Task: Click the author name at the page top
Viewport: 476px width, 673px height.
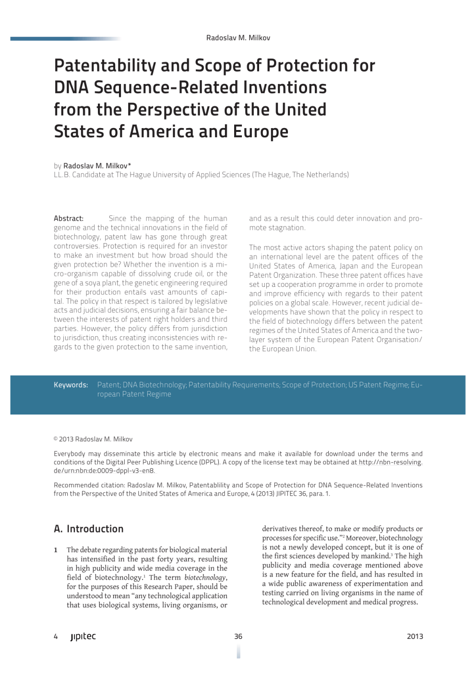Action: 238,38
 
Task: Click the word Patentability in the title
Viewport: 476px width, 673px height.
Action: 105,66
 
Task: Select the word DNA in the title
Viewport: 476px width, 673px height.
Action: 71,88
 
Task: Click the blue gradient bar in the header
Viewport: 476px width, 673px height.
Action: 65,39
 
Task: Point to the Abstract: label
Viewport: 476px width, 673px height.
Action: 69,219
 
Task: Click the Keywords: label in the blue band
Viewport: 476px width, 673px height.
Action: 71,385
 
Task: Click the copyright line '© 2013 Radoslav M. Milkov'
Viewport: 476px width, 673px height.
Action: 93,439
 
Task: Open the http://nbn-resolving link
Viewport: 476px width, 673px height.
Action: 391,462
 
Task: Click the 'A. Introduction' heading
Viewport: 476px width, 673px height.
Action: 89,529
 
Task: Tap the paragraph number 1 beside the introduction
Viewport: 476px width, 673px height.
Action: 56,550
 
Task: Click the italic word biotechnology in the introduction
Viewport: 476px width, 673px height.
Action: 205,578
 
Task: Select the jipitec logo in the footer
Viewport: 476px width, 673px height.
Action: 83,637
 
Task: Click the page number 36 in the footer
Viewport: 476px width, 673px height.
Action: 238,637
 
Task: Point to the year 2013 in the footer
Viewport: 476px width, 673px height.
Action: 415,637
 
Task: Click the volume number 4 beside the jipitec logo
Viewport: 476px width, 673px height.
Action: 56,637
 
